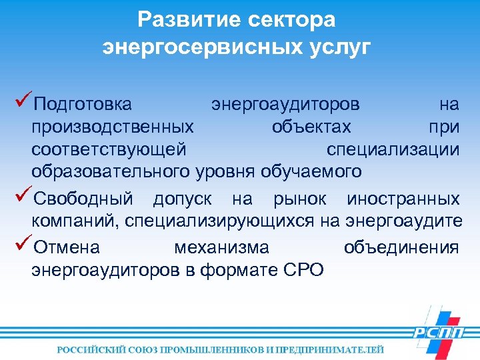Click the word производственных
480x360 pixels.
click(x=113, y=127)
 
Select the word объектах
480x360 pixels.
click(x=311, y=127)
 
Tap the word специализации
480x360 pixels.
click(x=393, y=149)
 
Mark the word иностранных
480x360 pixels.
click(x=403, y=199)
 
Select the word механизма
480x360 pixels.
click(x=221, y=248)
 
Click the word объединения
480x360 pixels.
click(x=401, y=248)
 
